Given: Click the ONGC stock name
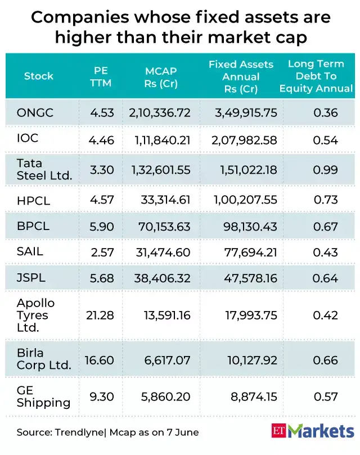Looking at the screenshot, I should (x=35, y=113).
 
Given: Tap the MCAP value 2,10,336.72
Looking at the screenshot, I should (x=160, y=113).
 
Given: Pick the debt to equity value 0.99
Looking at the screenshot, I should (x=326, y=169).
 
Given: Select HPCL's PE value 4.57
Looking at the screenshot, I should (x=102, y=200).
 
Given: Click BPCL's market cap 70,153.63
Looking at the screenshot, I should (x=165, y=226).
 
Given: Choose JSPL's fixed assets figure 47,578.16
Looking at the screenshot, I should (x=250, y=278).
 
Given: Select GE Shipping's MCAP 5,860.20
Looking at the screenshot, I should (x=168, y=397).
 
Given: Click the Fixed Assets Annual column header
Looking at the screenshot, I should (x=240, y=76).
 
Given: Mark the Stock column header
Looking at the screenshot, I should (x=39, y=76).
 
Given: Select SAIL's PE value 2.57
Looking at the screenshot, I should (x=102, y=253).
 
